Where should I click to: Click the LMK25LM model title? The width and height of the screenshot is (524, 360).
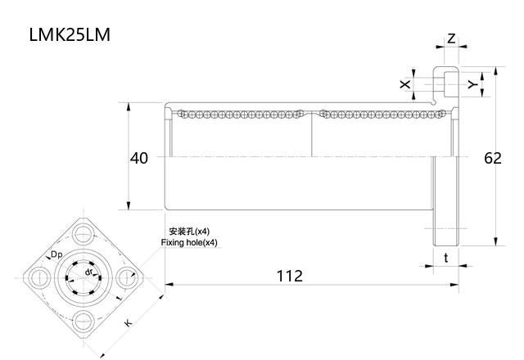(x=69, y=35)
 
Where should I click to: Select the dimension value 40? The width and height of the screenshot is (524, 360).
(x=139, y=158)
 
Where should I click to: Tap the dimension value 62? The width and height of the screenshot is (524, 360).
(x=492, y=158)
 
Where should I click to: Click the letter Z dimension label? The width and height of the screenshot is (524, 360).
(x=451, y=39)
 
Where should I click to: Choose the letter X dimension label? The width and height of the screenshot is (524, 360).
(x=404, y=84)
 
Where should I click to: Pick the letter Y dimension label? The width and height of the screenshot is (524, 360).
(x=471, y=84)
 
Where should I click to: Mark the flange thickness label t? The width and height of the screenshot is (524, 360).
(x=445, y=258)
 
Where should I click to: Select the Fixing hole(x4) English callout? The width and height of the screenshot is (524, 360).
(x=189, y=243)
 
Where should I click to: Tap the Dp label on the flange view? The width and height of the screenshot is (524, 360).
(x=56, y=255)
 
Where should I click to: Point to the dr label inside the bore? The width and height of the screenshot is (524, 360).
(x=88, y=271)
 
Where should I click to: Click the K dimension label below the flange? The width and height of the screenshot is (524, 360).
(x=129, y=324)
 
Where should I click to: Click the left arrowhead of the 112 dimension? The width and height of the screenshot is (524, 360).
(x=168, y=285)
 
